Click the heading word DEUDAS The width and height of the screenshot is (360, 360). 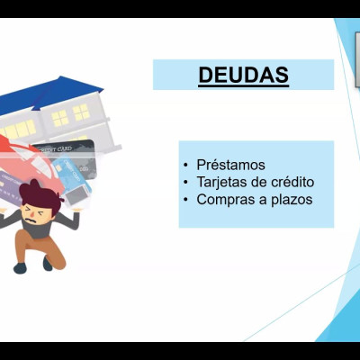point(243,75)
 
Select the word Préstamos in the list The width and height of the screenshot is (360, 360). point(230,165)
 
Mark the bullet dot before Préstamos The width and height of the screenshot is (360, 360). point(186,166)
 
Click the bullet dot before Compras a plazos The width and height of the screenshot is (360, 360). point(186,200)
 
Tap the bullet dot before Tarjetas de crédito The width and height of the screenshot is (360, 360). point(186,183)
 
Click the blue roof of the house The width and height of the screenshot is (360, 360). point(51,94)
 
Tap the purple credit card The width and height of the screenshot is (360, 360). point(11,186)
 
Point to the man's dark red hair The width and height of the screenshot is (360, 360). point(40,195)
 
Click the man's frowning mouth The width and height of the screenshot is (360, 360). point(31,220)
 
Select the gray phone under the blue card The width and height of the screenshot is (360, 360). point(76,195)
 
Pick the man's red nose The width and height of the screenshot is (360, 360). point(30,216)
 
